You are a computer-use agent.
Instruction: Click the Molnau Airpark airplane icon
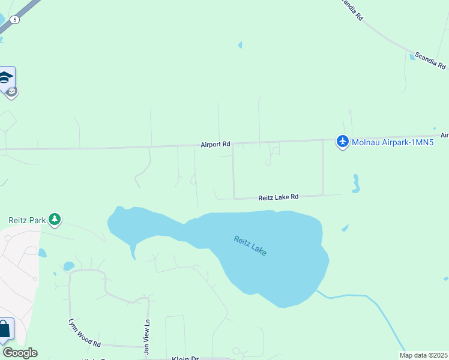[342, 142]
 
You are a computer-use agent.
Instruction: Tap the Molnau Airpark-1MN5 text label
[392, 142]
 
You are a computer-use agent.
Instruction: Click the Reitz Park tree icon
[55, 220]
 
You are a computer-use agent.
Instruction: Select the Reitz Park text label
[27, 220]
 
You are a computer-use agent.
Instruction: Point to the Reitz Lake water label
[250, 245]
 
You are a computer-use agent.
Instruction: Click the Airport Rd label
[215, 145]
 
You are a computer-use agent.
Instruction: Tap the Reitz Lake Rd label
[278, 197]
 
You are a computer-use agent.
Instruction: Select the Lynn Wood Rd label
[84, 333]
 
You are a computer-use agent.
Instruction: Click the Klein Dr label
[185, 358]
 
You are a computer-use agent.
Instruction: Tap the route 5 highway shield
[14, 20]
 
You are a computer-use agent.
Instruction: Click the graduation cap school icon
[7, 78]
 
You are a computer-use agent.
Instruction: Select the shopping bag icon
[5, 329]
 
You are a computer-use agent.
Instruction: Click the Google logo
[20, 353]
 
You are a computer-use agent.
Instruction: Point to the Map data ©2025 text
[424, 355]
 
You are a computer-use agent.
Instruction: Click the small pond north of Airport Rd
[240, 45]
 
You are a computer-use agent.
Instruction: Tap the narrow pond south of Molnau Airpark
[357, 183]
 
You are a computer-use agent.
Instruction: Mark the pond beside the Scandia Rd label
[412, 57]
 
